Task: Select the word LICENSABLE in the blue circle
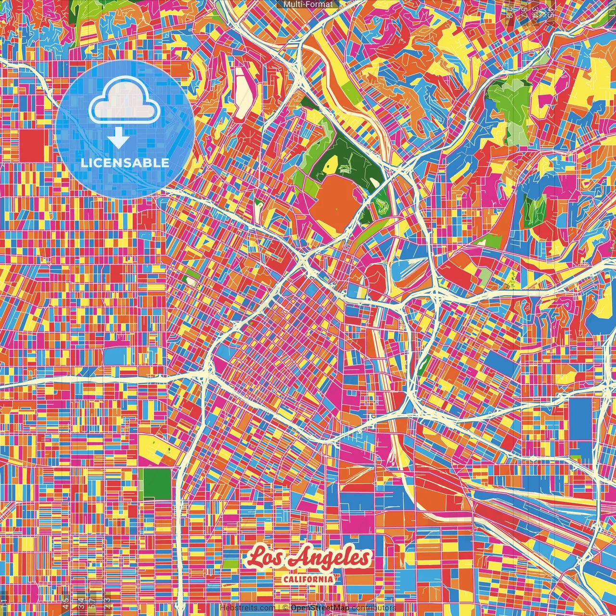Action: click(x=125, y=163)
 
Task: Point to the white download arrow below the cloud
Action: click(x=118, y=140)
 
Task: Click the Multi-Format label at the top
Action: click(x=308, y=4)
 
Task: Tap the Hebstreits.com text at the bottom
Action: click(x=247, y=608)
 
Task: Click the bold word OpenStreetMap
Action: click(x=320, y=608)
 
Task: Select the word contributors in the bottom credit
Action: click(x=373, y=608)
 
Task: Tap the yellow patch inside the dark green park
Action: click(x=332, y=165)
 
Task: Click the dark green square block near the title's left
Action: click(x=157, y=484)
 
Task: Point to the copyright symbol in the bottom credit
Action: click(x=285, y=608)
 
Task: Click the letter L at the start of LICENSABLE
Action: click(x=84, y=163)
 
